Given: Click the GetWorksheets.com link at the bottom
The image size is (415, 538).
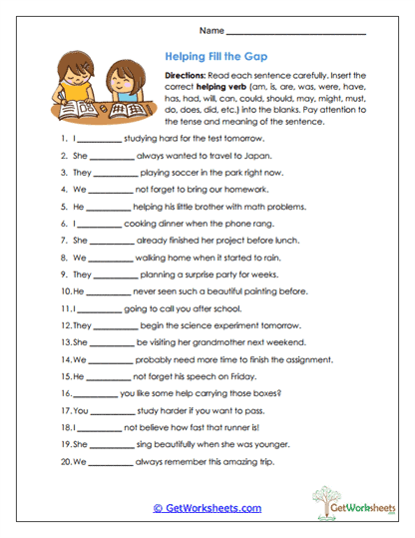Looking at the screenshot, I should (x=207, y=508).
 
